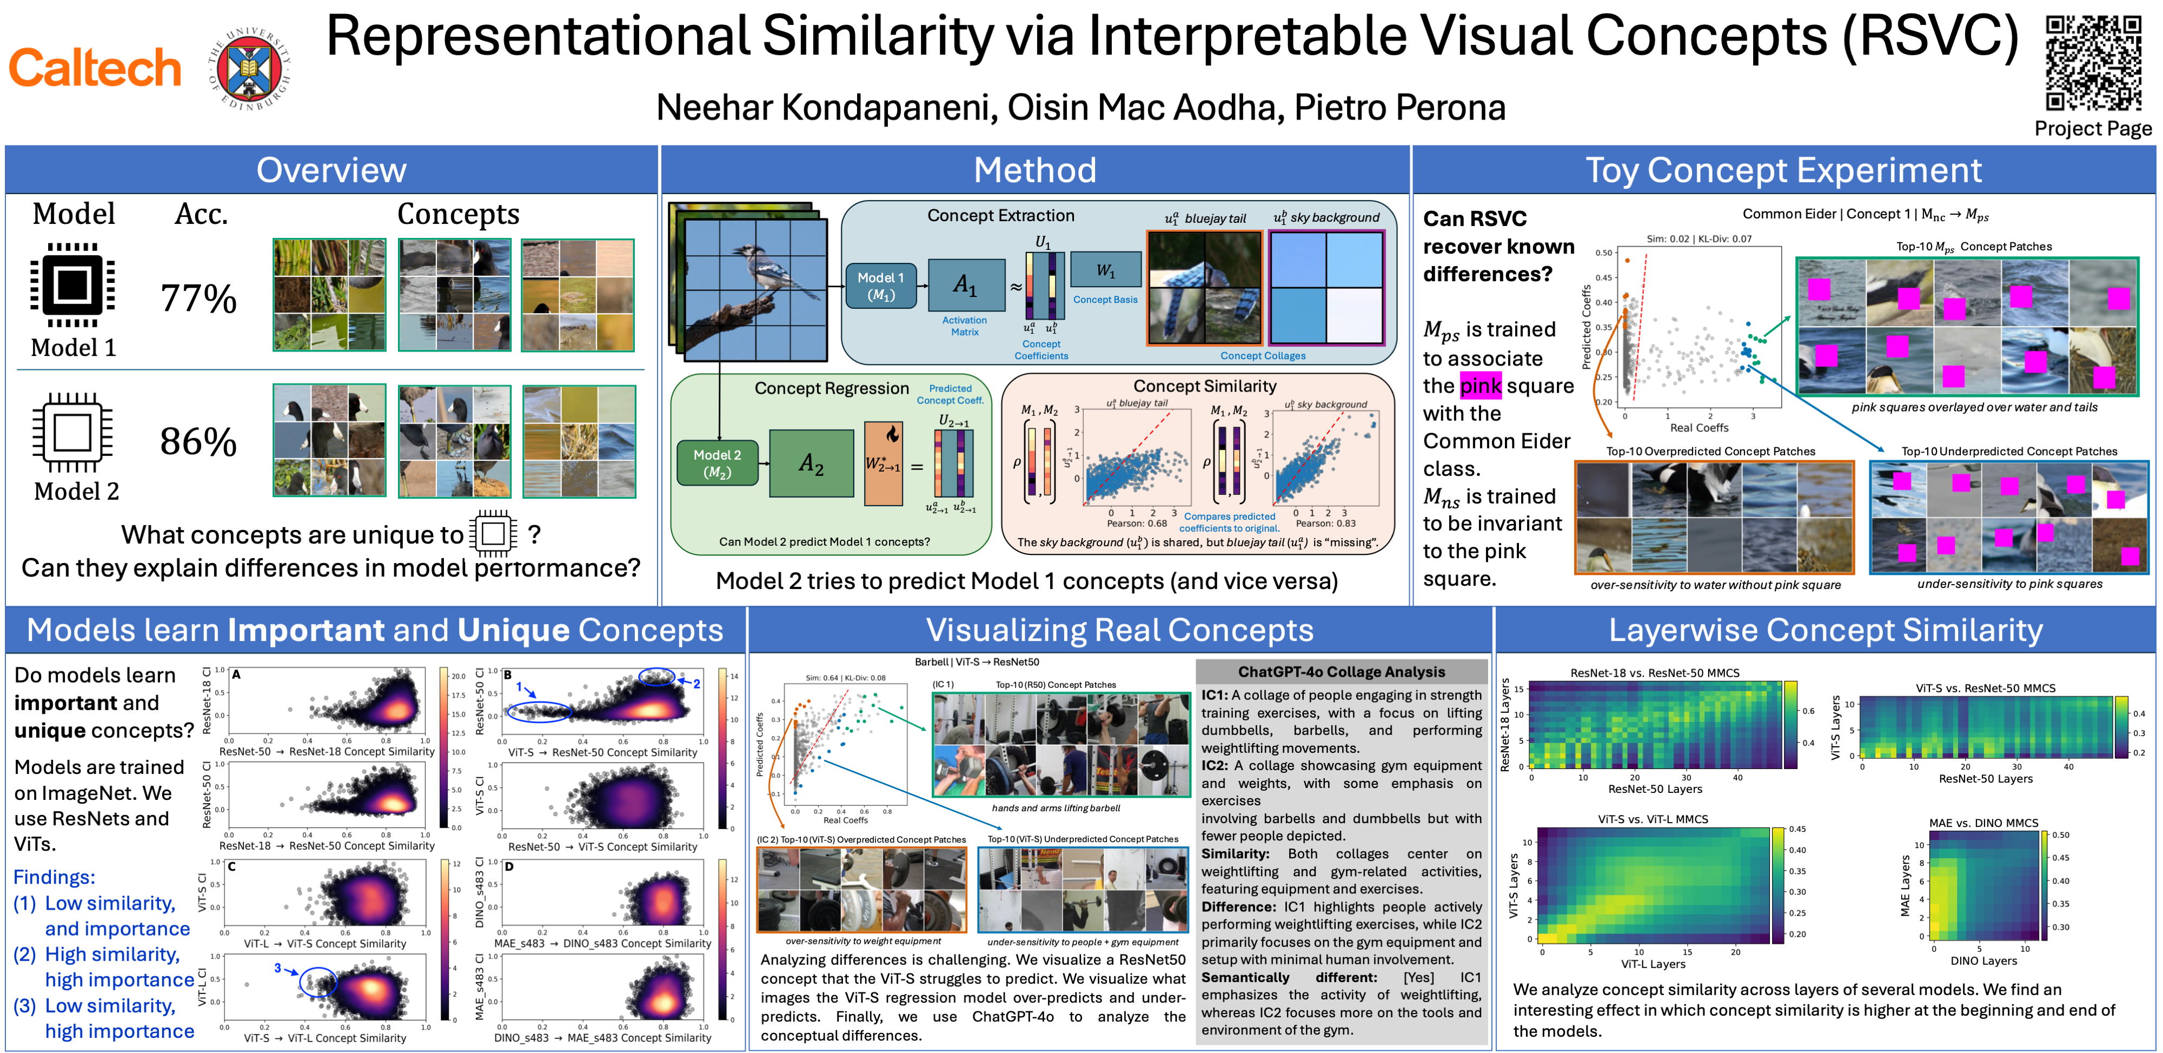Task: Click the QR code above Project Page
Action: pos(2093,63)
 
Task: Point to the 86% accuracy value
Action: pos(199,442)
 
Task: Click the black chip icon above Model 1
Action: pos(72,284)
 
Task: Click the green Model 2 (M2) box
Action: pos(717,463)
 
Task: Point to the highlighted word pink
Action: pos(1481,386)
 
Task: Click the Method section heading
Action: pos(1034,170)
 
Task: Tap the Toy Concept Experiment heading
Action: pos(1783,170)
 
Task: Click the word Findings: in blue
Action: pos(54,877)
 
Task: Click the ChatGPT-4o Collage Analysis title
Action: pos(1341,672)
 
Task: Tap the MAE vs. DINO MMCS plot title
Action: pos(1983,823)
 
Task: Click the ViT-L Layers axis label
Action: pos(1653,964)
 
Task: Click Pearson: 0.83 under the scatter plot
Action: pos(1326,523)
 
